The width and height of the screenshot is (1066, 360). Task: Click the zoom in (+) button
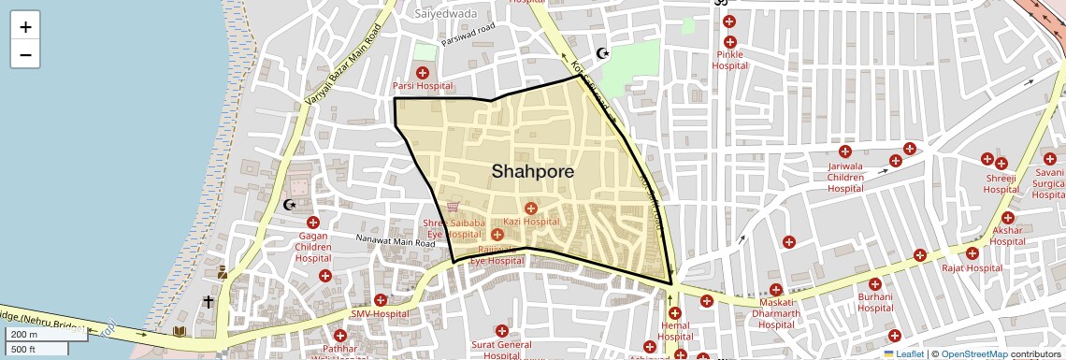(x=25, y=27)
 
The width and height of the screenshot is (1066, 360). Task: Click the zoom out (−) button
(x=25, y=54)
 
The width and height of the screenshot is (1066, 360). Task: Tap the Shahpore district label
(x=532, y=172)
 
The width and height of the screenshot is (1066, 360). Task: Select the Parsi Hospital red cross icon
(x=422, y=72)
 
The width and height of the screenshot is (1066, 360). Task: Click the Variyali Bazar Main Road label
(x=344, y=65)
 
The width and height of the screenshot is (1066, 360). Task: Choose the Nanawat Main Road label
(x=396, y=241)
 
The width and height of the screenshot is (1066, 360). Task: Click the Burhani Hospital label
(x=875, y=303)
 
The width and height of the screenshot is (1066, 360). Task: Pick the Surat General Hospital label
(x=501, y=349)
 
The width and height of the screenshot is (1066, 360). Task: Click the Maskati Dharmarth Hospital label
(x=775, y=313)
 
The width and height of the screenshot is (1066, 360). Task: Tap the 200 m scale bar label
(x=25, y=335)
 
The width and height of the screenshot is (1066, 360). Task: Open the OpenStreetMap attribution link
(x=973, y=354)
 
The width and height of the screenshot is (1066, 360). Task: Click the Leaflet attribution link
(x=903, y=354)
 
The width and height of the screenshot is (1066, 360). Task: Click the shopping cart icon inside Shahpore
(x=453, y=207)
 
